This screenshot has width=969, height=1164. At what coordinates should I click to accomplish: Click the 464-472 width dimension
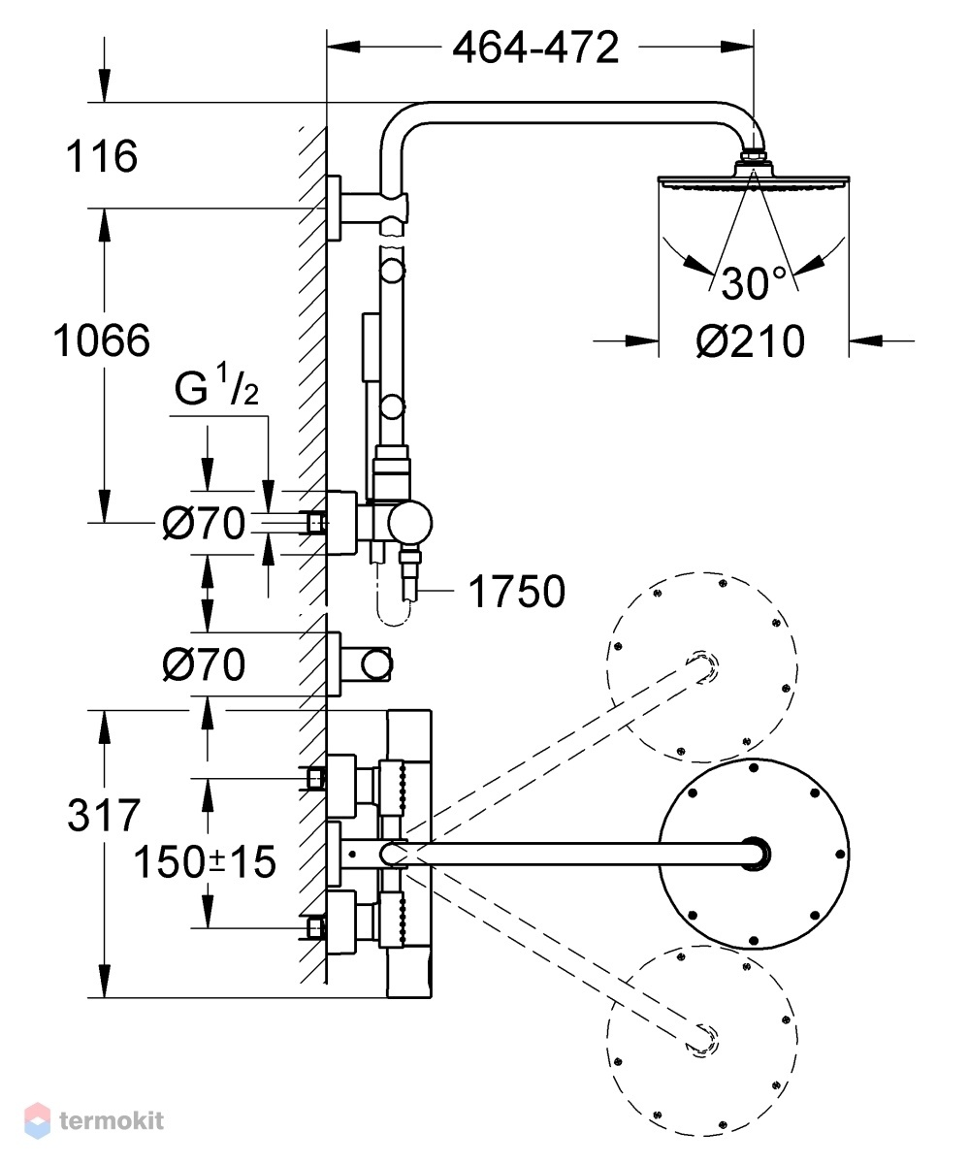[535, 48]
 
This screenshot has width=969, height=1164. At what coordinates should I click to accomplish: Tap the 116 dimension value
[102, 156]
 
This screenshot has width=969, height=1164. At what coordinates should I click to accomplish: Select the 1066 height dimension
[102, 340]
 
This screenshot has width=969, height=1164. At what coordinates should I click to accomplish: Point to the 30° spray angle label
[754, 283]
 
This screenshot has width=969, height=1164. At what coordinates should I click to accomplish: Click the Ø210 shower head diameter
[751, 340]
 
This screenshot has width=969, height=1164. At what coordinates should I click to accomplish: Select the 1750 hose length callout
[517, 591]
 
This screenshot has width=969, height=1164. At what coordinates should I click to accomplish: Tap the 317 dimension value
[104, 815]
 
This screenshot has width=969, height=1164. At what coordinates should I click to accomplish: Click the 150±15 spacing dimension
[205, 862]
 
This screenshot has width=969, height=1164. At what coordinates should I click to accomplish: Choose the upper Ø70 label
[204, 523]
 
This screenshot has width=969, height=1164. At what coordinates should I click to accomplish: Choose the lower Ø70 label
[204, 663]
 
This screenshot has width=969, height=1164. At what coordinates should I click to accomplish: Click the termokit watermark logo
[94, 1120]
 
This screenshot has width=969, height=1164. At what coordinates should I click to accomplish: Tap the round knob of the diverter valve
[410, 523]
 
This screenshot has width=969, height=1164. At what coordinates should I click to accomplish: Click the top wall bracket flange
[334, 208]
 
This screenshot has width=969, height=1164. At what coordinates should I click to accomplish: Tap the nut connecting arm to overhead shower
[754, 154]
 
